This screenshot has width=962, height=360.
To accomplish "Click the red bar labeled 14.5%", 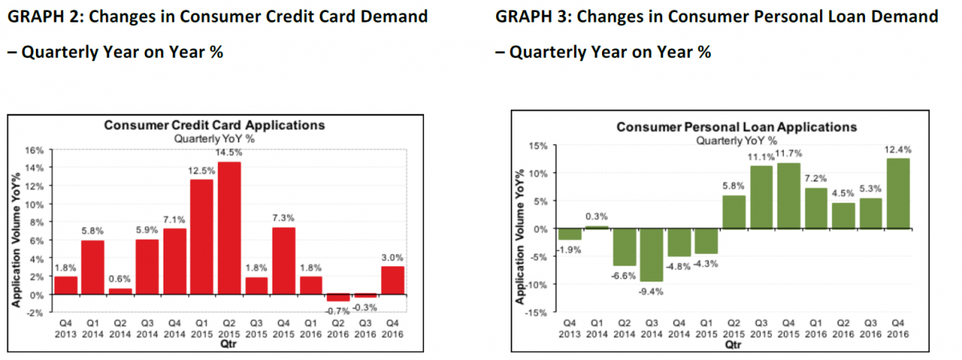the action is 229,229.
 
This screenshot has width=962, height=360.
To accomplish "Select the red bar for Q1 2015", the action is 202,237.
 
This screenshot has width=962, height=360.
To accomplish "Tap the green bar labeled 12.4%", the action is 898,193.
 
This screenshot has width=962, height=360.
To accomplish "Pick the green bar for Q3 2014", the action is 652,255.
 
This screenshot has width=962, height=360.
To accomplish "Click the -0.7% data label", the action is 338,310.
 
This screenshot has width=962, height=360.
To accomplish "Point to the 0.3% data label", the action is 596,216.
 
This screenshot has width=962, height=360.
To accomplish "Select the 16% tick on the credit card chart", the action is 34,151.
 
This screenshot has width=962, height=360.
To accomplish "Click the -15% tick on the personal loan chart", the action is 536,313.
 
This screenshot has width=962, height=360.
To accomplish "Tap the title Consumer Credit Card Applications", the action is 214,125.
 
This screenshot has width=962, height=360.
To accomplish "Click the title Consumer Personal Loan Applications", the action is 737,127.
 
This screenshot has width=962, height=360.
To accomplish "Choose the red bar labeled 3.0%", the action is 393,281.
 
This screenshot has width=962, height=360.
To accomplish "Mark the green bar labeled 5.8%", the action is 734,212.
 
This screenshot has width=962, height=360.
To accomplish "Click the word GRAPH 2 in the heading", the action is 43,16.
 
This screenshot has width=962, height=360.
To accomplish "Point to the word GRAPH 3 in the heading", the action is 532,16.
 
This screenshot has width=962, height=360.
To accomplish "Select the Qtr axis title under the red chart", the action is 228,344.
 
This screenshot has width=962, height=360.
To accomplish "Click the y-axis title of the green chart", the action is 519,237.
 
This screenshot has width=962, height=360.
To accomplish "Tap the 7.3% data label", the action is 284,218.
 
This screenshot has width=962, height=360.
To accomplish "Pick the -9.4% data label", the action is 651,292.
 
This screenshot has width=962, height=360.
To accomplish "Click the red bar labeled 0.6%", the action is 120,292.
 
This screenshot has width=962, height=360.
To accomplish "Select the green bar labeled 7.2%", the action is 816,208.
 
